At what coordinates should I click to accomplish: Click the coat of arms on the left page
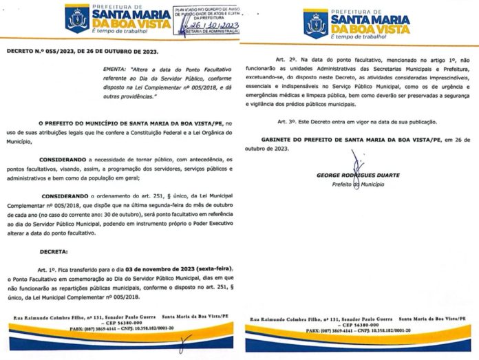(77, 19)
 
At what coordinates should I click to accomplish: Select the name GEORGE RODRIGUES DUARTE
(357, 175)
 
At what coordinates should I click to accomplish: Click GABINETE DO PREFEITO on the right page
(306, 140)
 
